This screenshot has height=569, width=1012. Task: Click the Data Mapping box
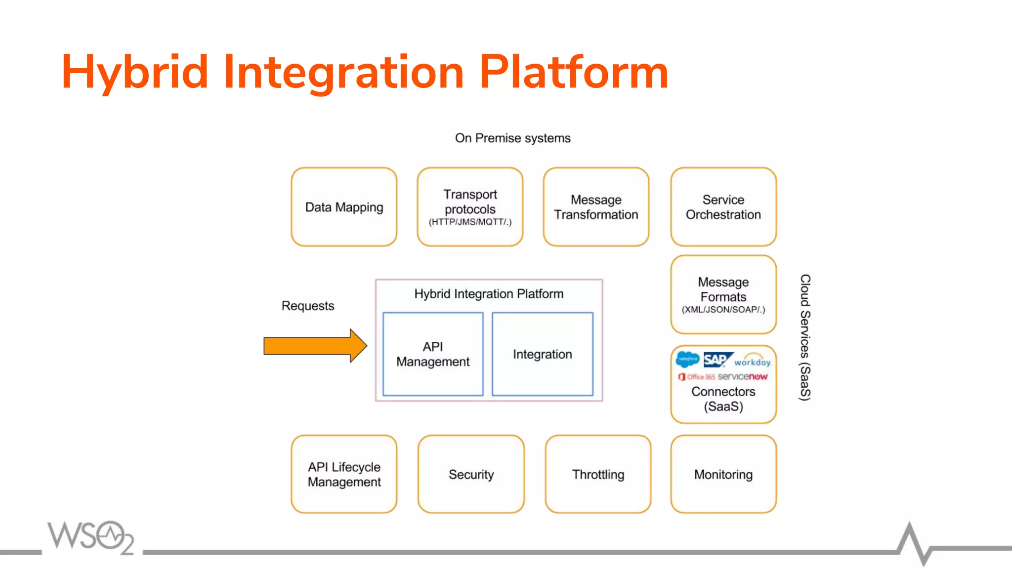point(344,207)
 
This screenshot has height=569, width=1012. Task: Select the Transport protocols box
point(470,207)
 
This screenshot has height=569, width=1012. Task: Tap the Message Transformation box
point(596,207)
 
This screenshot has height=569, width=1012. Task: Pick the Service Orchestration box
point(723,207)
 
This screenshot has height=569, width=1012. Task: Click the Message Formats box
point(723,295)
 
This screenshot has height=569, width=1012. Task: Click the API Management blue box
point(433,354)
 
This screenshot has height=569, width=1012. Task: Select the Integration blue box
point(543,354)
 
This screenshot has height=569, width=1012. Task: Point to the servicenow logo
point(742,377)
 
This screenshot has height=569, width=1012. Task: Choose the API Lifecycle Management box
point(344,474)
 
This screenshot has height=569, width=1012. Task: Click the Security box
point(471,474)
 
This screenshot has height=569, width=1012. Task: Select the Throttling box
point(598,474)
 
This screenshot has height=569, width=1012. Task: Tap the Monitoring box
point(723,474)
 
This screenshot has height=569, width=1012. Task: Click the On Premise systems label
point(512,138)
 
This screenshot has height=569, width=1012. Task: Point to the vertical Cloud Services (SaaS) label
point(805,337)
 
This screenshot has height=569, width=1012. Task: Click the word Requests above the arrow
point(308,306)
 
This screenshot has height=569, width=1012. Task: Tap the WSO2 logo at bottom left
point(90,537)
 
